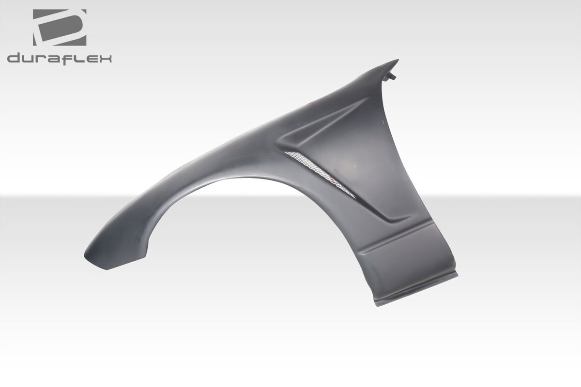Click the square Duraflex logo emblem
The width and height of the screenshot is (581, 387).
(x=60, y=28)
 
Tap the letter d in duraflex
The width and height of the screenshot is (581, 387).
(x=15, y=59)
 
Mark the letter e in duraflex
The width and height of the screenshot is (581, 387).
(x=89, y=59)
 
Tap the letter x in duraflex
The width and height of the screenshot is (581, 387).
(x=104, y=59)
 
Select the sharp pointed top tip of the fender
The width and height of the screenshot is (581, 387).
(x=397, y=61)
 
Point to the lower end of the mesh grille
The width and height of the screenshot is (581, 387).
(x=352, y=196)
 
